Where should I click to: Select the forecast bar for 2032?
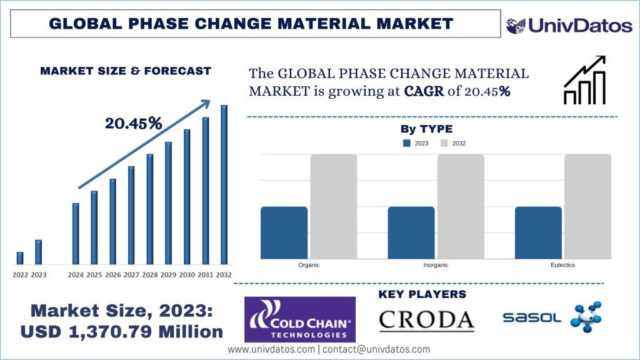click(224, 185)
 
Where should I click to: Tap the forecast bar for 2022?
click(20, 258)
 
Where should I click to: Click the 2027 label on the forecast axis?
click(131, 275)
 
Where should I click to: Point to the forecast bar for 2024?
click(76, 234)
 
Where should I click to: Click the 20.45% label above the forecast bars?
click(133, 124)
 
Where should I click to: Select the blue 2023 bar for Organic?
click(284, 232)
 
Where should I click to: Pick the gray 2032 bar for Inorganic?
click(461, 206)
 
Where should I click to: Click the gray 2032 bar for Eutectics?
click(587, 206)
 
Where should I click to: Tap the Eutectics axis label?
click(562, 265)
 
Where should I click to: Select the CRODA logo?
click(427, 319)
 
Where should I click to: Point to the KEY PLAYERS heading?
click(422, 294)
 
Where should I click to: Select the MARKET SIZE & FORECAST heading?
click(126, 71)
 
